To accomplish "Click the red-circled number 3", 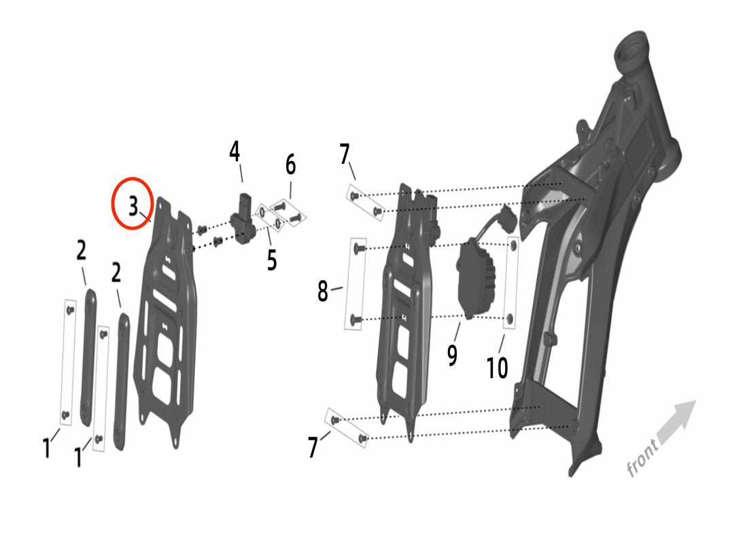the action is (133, 206).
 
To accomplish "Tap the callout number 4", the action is (235, 152).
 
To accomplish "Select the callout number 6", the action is (290, 165).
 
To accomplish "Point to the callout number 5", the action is (271, 260).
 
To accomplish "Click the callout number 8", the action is (323, 291).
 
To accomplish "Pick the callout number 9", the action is (452, 355).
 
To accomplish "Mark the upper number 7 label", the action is (345, 154).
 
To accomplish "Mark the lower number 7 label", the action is (313, 447).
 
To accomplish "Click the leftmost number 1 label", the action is (46, 448).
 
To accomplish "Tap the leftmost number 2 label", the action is (82, 250).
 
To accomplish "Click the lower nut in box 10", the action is (509, 318).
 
